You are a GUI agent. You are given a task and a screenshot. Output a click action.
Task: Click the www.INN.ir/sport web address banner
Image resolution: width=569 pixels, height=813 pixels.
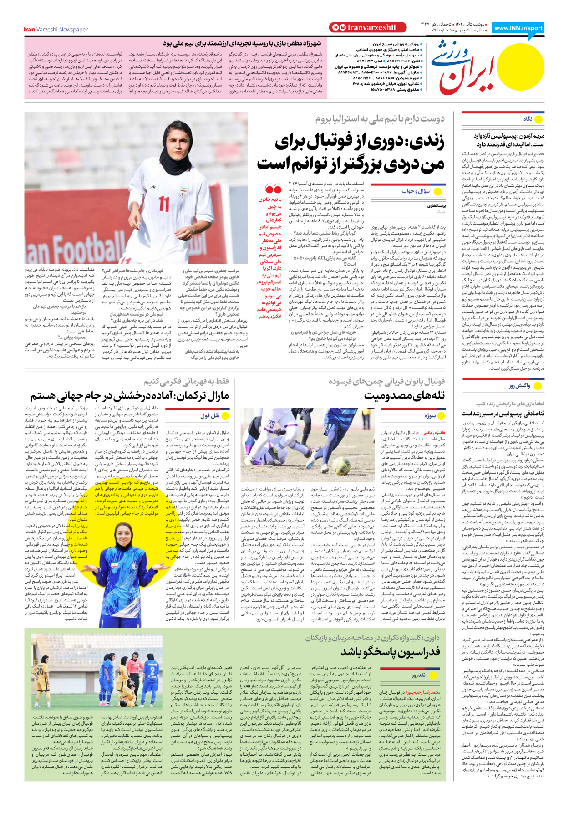(x=518, y=28)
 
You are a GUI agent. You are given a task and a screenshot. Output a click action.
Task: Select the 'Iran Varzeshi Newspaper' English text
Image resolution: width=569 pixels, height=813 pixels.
(x=56, y=30)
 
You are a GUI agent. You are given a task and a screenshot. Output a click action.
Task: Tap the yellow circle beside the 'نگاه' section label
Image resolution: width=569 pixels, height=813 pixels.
(x=539, y=119)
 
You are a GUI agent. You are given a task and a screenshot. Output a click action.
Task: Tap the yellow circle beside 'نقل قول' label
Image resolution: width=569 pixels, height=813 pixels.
(x=225, y=416)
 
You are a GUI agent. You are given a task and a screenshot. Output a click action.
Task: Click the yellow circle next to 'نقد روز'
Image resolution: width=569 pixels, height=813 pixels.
(x=432, y=675)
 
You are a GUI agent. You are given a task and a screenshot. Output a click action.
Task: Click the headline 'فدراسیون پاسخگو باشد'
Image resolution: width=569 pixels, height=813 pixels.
(x=390, y=652)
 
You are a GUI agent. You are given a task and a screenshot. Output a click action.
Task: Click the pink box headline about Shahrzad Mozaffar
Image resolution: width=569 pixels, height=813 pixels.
(x=242, y=44)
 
